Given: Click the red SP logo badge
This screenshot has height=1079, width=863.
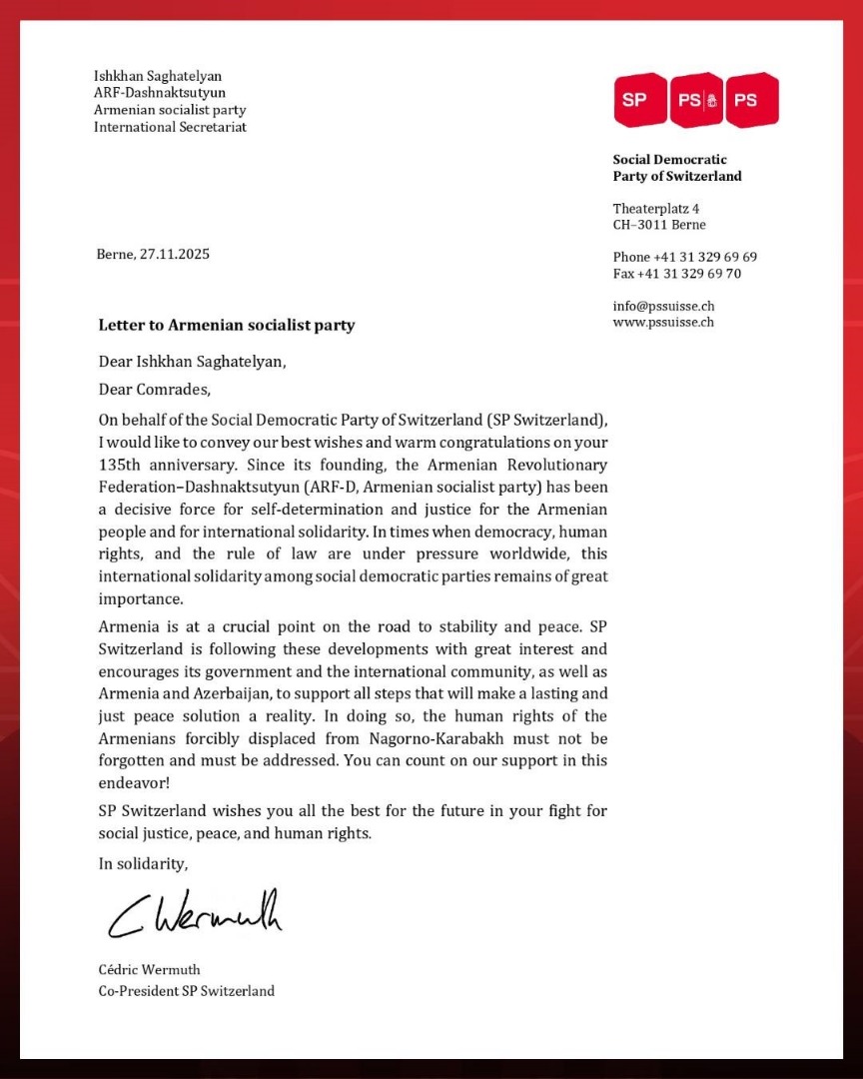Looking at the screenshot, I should point(639,100).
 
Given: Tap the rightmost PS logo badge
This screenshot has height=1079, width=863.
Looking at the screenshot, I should point(751,100).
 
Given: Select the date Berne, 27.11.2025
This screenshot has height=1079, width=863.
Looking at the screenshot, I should point(153,254).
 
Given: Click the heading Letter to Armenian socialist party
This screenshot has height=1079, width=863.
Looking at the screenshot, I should point(226,325).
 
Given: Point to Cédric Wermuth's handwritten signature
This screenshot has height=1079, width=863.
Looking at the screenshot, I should point(195,913).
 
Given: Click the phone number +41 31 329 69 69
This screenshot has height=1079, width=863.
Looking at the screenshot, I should point(685,257).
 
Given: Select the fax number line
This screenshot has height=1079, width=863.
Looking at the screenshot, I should point(676,274).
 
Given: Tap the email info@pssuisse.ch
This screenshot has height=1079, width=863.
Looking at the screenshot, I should point(663,306).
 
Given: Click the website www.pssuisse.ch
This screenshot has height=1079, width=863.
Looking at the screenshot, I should point(663,322).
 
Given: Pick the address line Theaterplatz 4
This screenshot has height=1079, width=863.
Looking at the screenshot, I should point(655,208).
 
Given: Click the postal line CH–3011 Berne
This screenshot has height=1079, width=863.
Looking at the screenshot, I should point(659,225).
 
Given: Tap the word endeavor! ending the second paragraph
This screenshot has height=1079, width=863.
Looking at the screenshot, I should point(135,784).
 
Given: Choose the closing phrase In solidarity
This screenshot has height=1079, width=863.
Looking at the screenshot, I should point(143,863).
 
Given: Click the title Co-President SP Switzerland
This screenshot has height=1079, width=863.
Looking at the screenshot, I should point(186,991).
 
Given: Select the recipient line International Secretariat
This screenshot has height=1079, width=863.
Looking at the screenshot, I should point(170,127).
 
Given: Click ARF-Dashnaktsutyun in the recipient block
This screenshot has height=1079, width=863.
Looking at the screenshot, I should point(160,93).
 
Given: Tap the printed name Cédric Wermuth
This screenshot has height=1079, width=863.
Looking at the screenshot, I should point(149,969).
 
